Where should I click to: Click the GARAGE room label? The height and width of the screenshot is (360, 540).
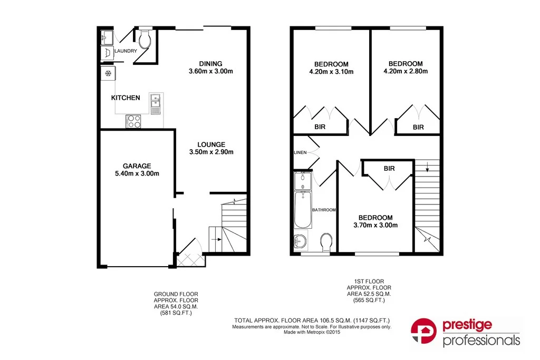[x=137, y=166]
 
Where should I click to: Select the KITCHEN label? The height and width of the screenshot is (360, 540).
[x=126, y=98]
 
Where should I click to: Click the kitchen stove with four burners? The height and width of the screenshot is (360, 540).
[x=133, y=121]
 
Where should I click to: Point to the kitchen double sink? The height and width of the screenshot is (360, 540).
[x=156, y=104]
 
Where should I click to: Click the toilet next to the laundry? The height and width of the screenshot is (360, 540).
[x=146, y=39]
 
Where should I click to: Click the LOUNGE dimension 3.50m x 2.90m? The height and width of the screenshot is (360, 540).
[x=211, y=152]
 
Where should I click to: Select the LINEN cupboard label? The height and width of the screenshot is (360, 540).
[x=301, y=153]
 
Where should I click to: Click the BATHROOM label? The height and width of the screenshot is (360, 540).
[x=324, y=210]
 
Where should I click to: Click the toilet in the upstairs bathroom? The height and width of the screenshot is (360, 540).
[x=326, y=242]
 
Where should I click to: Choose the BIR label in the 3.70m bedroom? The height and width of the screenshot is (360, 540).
[x=390, y=169]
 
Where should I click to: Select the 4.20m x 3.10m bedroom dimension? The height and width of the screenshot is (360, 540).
[x=331, y=72]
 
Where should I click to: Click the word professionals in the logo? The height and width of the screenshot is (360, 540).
[x=481, y=341]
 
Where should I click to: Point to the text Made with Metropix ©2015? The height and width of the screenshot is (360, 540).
[x=312, y=333]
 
